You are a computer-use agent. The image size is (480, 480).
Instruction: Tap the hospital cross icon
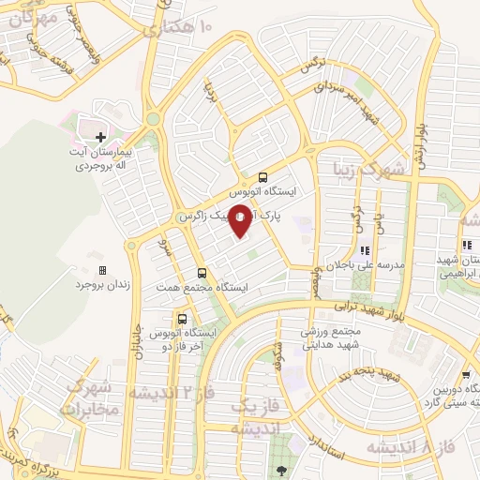point(100,137)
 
